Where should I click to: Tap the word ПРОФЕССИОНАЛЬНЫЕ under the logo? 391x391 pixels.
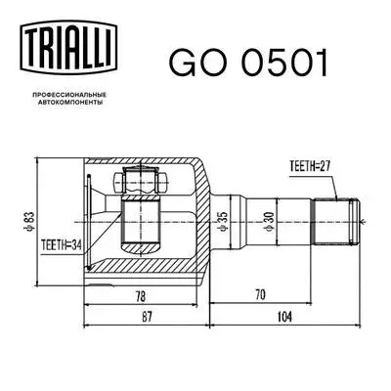pos(70,91)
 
